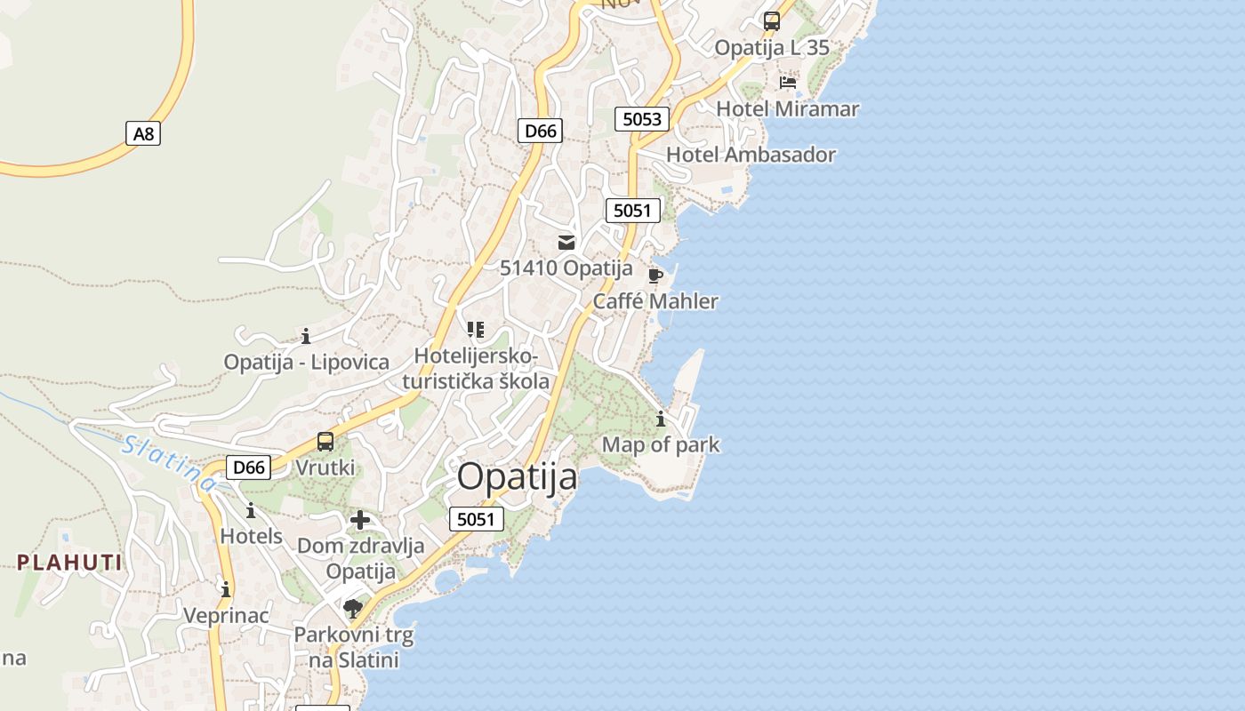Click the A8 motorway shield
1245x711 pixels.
[x=143, y=134]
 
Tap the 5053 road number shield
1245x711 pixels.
[x=641, y=119]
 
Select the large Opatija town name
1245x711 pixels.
[x=517, y=477]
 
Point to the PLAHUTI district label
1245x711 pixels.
[x=70, y=563]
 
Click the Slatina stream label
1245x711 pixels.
[x=168, y=462]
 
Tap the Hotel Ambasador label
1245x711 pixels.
[x=751, y=155]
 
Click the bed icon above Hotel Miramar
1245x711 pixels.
[x=787, y=83]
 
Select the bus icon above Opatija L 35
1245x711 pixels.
[x=772, y=21]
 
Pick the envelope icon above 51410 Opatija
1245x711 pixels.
[x=566, y=242]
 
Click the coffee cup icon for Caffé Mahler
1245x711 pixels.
[x=655, y=276]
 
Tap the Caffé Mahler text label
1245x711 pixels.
[x=655, y=301]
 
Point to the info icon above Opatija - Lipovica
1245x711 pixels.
[x=306, y=336]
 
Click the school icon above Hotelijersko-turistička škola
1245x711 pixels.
[x=476, y=330]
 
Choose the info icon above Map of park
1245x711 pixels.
[x=661, y=419]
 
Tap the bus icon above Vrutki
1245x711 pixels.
[x=325, y=442]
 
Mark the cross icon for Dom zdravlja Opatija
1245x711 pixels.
[x=360, y=520]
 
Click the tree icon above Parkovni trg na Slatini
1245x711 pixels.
[x=353, y=609]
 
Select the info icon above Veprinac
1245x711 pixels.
[x=226, y=589]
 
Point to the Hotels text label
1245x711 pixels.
[x=251, y=537]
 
